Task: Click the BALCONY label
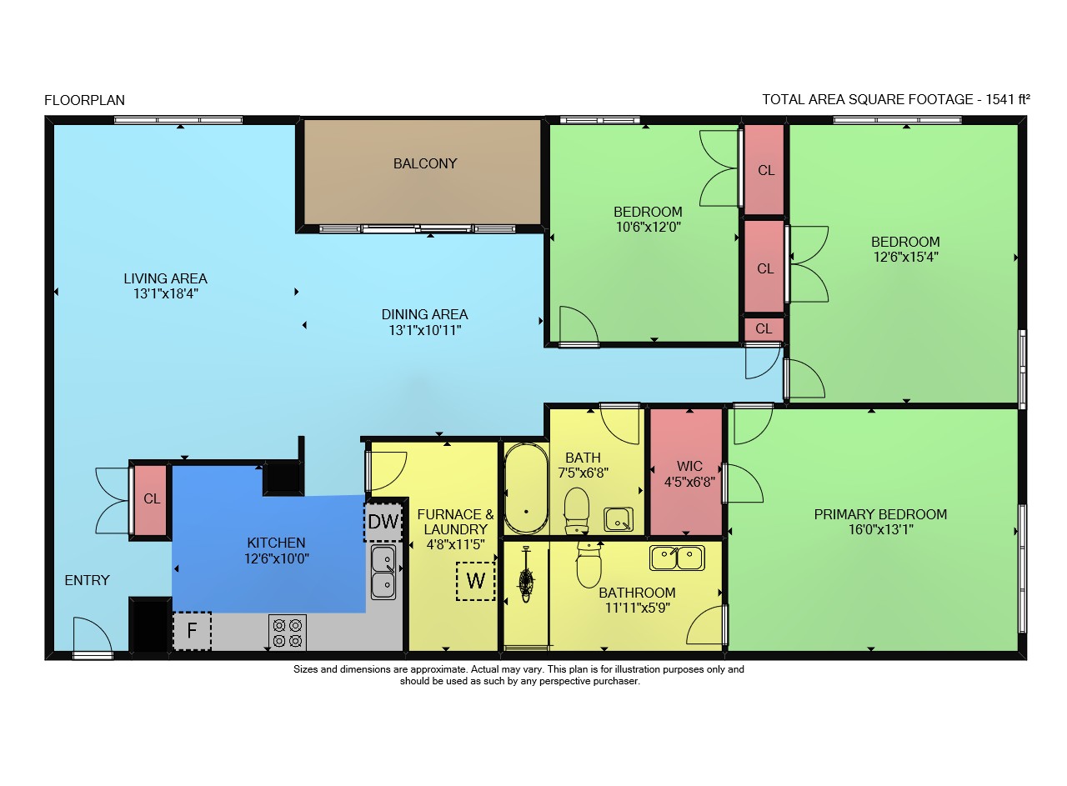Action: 425,164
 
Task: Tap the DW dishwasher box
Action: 383,522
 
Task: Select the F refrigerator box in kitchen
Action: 192,631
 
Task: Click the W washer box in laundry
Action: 476,581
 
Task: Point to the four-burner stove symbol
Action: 288,633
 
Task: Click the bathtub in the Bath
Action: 526,488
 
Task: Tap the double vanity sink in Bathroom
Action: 677,558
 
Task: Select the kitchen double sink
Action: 383,573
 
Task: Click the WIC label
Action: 689,466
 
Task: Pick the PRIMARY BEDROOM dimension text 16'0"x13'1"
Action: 881,530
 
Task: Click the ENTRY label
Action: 88,580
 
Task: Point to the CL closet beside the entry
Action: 151,499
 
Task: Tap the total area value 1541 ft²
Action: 1007,99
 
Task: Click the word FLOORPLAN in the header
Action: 84,101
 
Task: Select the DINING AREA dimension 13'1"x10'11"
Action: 425,330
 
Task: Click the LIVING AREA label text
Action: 165,278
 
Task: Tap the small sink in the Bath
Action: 619,519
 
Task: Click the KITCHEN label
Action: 276,543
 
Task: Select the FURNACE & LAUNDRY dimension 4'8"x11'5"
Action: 455,544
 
